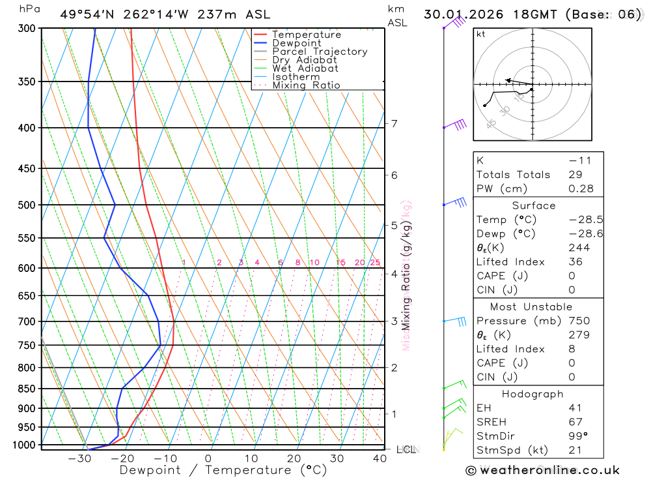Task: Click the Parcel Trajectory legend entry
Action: tap(320, 52)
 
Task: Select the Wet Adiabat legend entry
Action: tap(305, 68)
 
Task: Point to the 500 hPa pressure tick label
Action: tap(27, 205)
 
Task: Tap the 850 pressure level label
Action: tap(27, 389)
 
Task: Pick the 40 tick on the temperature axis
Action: tap(379, 458)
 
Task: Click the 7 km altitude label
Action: tap(395, 124)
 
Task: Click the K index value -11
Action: tap(576, 160)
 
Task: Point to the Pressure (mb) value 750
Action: tap(579, 321)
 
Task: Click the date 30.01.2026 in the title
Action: tap(459, 14)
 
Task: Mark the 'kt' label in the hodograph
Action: tap(480, 34)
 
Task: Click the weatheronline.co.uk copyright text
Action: tap(542, 470)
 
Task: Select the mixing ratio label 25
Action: tap(375, 263)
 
